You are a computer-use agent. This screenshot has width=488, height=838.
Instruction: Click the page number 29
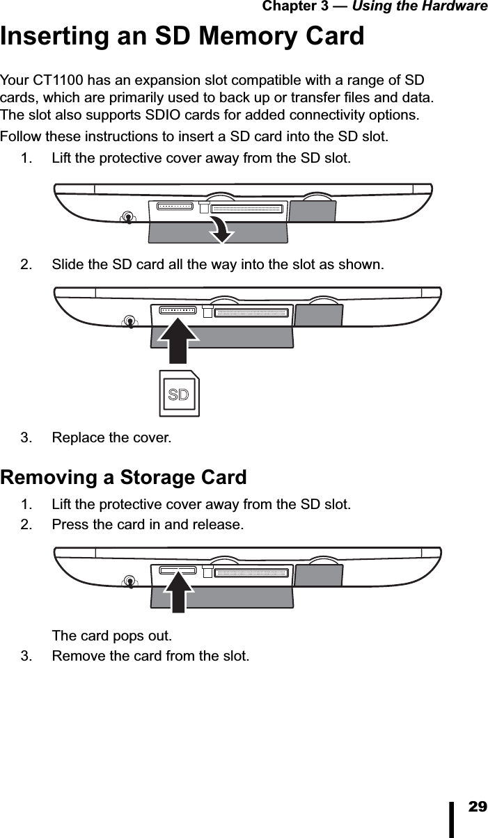coord(478,807)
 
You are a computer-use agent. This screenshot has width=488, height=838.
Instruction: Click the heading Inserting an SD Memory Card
coord(182,36)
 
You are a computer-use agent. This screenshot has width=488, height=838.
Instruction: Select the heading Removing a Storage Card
coord(123,478)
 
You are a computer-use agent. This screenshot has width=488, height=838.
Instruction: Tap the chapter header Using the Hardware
coord(420,6)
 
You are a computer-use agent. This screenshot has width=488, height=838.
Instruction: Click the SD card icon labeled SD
coord(179,394)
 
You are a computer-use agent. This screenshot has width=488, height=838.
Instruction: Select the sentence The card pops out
coord(112,636)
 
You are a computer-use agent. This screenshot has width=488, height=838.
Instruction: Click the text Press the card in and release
coord(148,524)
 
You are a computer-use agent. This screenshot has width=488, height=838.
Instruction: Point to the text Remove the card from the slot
coord(150,656)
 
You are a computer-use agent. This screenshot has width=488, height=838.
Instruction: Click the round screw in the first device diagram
coord(127,218)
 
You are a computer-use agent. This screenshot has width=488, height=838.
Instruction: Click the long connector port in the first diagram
coord(247,209)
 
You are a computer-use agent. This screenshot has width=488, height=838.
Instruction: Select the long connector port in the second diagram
coord(251,313)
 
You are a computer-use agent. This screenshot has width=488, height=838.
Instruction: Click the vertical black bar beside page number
coord(452,819)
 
